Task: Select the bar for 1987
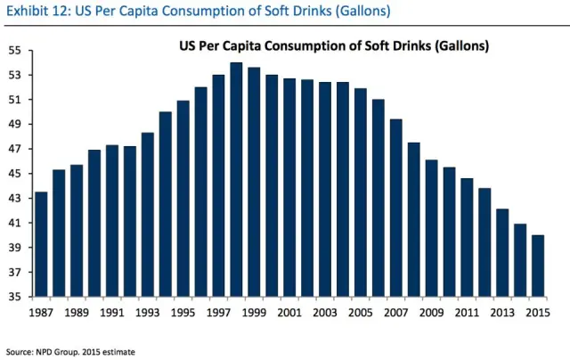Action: click(x=41, y=244)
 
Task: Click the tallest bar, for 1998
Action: click(x=236, y=179)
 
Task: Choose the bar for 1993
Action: click(x=147, y=214)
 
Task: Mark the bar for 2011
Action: click(x=467, y=237)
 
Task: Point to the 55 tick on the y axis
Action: click(x=15, y=50)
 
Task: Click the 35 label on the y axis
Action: click(x=15, y=297)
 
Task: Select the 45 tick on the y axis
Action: click(x=15, y=174)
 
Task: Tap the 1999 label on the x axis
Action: click(x=254, y=313)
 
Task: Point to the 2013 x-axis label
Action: click(x=502, y=313)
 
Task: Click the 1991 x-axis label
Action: click(x=112, y=313)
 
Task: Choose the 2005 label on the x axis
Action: click(x=361, y=313)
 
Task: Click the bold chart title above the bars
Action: click(x=329, y=45)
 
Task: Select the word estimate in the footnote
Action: click(x=119, y=352)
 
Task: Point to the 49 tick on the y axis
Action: click(x=15, y=124)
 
